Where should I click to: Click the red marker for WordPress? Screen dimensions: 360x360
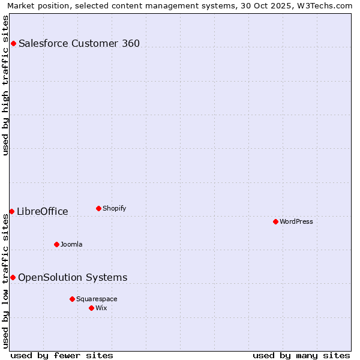[x=275, y=221]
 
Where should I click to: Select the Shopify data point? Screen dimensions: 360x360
[x=98, y=208]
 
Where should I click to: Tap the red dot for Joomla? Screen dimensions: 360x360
[x=56, y=244]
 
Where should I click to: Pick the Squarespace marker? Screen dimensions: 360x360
[x=72, y=299]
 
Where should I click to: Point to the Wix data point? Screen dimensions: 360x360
[x=91, y=308]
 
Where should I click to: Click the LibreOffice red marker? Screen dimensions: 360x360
[x=11, y=211]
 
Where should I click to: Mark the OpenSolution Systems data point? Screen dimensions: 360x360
[x=13, y=277]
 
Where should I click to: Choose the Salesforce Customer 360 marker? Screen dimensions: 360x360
[x=13, y=43]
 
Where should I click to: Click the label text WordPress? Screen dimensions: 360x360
[x=296, y=221]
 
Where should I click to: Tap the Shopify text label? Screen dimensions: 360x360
[x=114, y=208]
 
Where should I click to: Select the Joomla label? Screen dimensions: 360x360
[x=71, y=244]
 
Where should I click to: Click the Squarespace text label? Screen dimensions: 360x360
[x=97, y=299]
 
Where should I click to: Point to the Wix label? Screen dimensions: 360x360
[x=101, y=308]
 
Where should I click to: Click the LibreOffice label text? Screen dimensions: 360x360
[x=43, y=211]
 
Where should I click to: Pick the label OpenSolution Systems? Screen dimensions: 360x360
[x=73, y=277]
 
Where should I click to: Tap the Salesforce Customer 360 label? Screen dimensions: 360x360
[x=79, y=43]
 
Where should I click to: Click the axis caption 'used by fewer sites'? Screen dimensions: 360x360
[x=62, y=355]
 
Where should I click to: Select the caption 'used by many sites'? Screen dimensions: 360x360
[x=301, y=355]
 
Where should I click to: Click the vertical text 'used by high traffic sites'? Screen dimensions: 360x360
[x=5, y=85]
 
